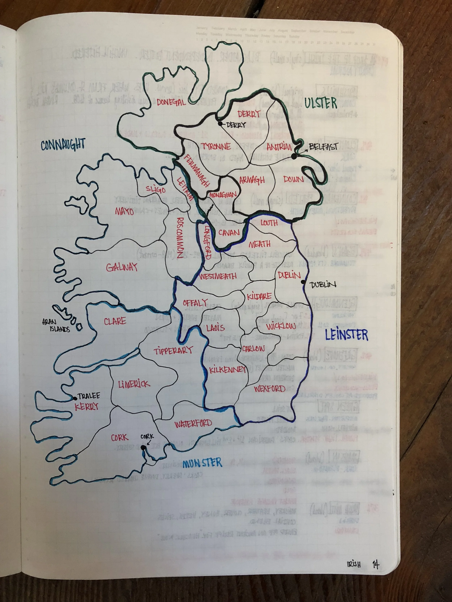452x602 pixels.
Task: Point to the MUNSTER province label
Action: tap(202, 463)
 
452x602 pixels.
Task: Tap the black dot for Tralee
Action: tap(75, 398)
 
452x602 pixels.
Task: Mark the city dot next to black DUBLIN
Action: tap(303, 282)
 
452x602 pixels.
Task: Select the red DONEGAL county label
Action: tap(171, 102)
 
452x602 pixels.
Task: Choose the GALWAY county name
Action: tap(122, 267)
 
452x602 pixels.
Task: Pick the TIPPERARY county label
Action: tap(173, 351)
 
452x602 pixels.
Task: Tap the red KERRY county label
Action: tap(86, 407)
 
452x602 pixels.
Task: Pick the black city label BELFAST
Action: tap(324, 147)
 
